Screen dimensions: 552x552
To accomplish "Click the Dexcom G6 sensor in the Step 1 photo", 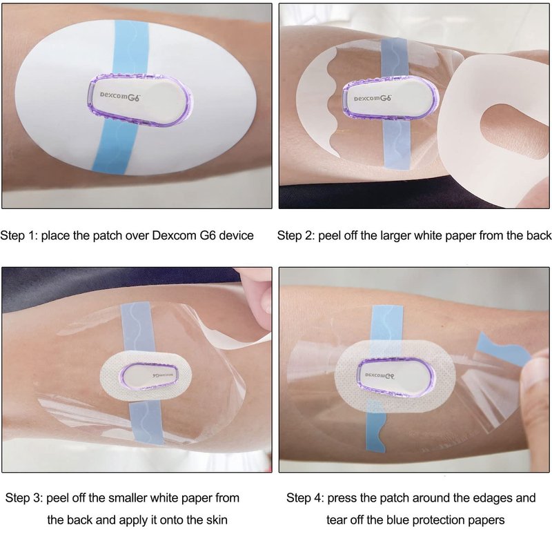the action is tap(140, 100).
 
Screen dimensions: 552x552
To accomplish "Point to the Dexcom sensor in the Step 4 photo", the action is tap(395, 377).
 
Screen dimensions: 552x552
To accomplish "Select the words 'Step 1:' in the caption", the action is tap(19, 235).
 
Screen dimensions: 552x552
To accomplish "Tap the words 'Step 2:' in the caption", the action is tap(296, 235).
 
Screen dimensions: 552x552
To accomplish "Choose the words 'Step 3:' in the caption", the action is tap(24, 497).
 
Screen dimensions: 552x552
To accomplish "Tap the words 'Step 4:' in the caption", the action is tap(305, 497).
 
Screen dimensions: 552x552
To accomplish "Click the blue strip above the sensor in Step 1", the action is tap(132, 48).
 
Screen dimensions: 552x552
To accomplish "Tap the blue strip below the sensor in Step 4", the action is tap(376, 426).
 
